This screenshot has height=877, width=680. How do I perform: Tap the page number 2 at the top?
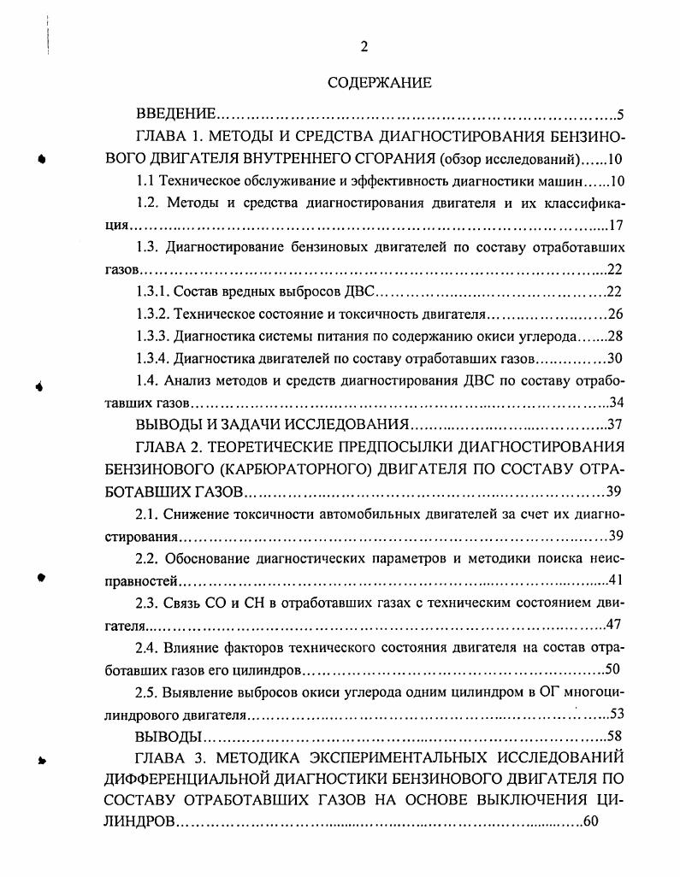[364, 47]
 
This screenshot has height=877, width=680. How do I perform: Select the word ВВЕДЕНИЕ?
[175, 114]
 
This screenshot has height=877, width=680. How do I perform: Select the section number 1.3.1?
[152, 291]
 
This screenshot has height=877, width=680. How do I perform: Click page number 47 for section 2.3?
[613, 626]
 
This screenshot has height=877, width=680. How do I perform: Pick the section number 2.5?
[149, 692]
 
